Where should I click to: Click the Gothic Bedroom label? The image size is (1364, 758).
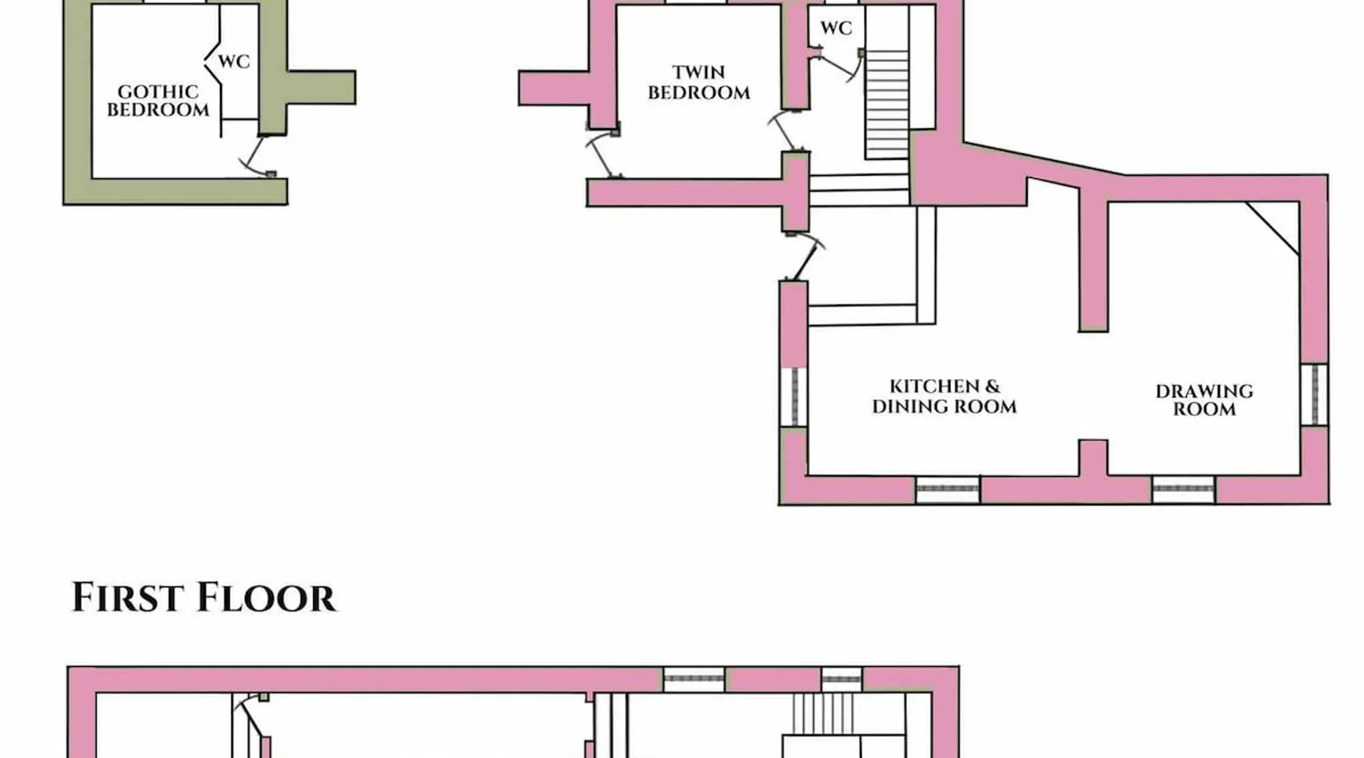pyautogui.click(x=158, y=101)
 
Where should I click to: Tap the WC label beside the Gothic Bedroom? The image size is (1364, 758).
pyautogui.click(x=233, y=61)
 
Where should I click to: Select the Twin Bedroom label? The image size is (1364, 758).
pyautogui.click(x=699, y=83)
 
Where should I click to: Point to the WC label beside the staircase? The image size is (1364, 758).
pyautogui.click(x=836, y=28)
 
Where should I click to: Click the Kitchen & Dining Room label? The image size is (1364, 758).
pyautogui.click(x=944, y=396)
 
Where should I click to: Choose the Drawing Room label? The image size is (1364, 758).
pyautogui.click(x=1204, y=400)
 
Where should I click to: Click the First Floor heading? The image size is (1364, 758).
pyautogui.click(x=203, y=597)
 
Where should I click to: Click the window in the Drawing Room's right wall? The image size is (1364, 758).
pyautogui.click(x=1314, y=395)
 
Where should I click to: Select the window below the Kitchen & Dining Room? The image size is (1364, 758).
pyautogui.click(x=947, y=490)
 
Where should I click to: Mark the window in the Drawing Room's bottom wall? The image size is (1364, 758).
pyautogui.click(x=1184, y=490)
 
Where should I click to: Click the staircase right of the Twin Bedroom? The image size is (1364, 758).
pyautogui.click(x=887, y=102)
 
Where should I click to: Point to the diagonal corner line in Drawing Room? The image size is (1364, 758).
pyautogui.click(x=1273, y=228)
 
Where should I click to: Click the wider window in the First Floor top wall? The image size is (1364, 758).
pyautogui.click(x=694, y=678)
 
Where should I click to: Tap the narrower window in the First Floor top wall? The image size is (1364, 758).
pyautogui.click(x=841, y=678)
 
